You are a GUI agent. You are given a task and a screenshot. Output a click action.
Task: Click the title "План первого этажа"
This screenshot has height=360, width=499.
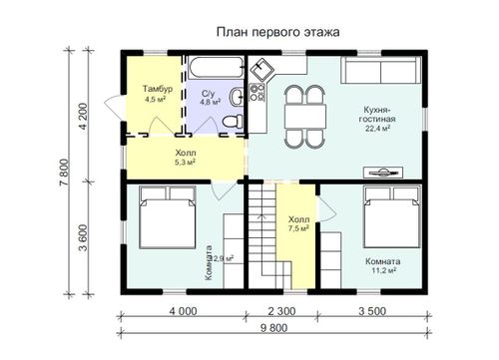click(x=278, y=32)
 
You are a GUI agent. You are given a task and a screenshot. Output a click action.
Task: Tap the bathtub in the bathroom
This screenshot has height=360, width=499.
click(x=217, y=68)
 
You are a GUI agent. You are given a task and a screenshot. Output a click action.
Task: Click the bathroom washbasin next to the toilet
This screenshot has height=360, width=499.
click(x=237, y=97)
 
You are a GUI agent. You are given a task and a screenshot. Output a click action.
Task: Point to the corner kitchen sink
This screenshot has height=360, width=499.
click(x=261, y=69)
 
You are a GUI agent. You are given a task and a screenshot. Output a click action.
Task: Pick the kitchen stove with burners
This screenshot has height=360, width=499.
click(x=257, y=93)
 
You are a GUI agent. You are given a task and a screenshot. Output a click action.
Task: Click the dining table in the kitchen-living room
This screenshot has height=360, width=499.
click(x=305, y=117)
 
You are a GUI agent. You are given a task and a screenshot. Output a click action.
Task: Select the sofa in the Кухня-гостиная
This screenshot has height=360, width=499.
click(x=381, y=70)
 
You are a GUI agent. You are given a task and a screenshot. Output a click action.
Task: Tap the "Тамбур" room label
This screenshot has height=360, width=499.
click(x=158, y=89)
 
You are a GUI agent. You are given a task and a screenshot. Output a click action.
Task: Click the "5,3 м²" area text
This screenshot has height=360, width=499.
click(x=185, y=163)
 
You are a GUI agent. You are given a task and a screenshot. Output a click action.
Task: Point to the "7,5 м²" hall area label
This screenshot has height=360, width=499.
click(x=298, y=228)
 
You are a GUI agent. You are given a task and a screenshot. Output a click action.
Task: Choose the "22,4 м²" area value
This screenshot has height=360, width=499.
click(x=378, y=129)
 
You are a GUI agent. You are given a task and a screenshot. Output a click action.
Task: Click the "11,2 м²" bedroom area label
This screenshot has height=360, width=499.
click(x=383, y=270)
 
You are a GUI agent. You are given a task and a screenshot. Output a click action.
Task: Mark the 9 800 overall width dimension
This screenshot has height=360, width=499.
click(x=273, y=328)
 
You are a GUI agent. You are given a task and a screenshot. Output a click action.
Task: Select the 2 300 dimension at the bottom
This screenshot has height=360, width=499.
click(x=281, y=311)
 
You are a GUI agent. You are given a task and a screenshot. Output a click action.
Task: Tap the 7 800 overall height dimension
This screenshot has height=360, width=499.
click(x=65, y=173)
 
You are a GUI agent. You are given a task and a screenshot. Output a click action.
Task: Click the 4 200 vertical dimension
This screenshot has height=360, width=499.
click(x=84, y=117)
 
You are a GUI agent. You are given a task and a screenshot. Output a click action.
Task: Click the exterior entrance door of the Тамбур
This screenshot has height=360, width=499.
click(x=114, y=106)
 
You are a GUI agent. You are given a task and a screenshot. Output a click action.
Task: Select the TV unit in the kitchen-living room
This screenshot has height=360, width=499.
click(x=383, y=173)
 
